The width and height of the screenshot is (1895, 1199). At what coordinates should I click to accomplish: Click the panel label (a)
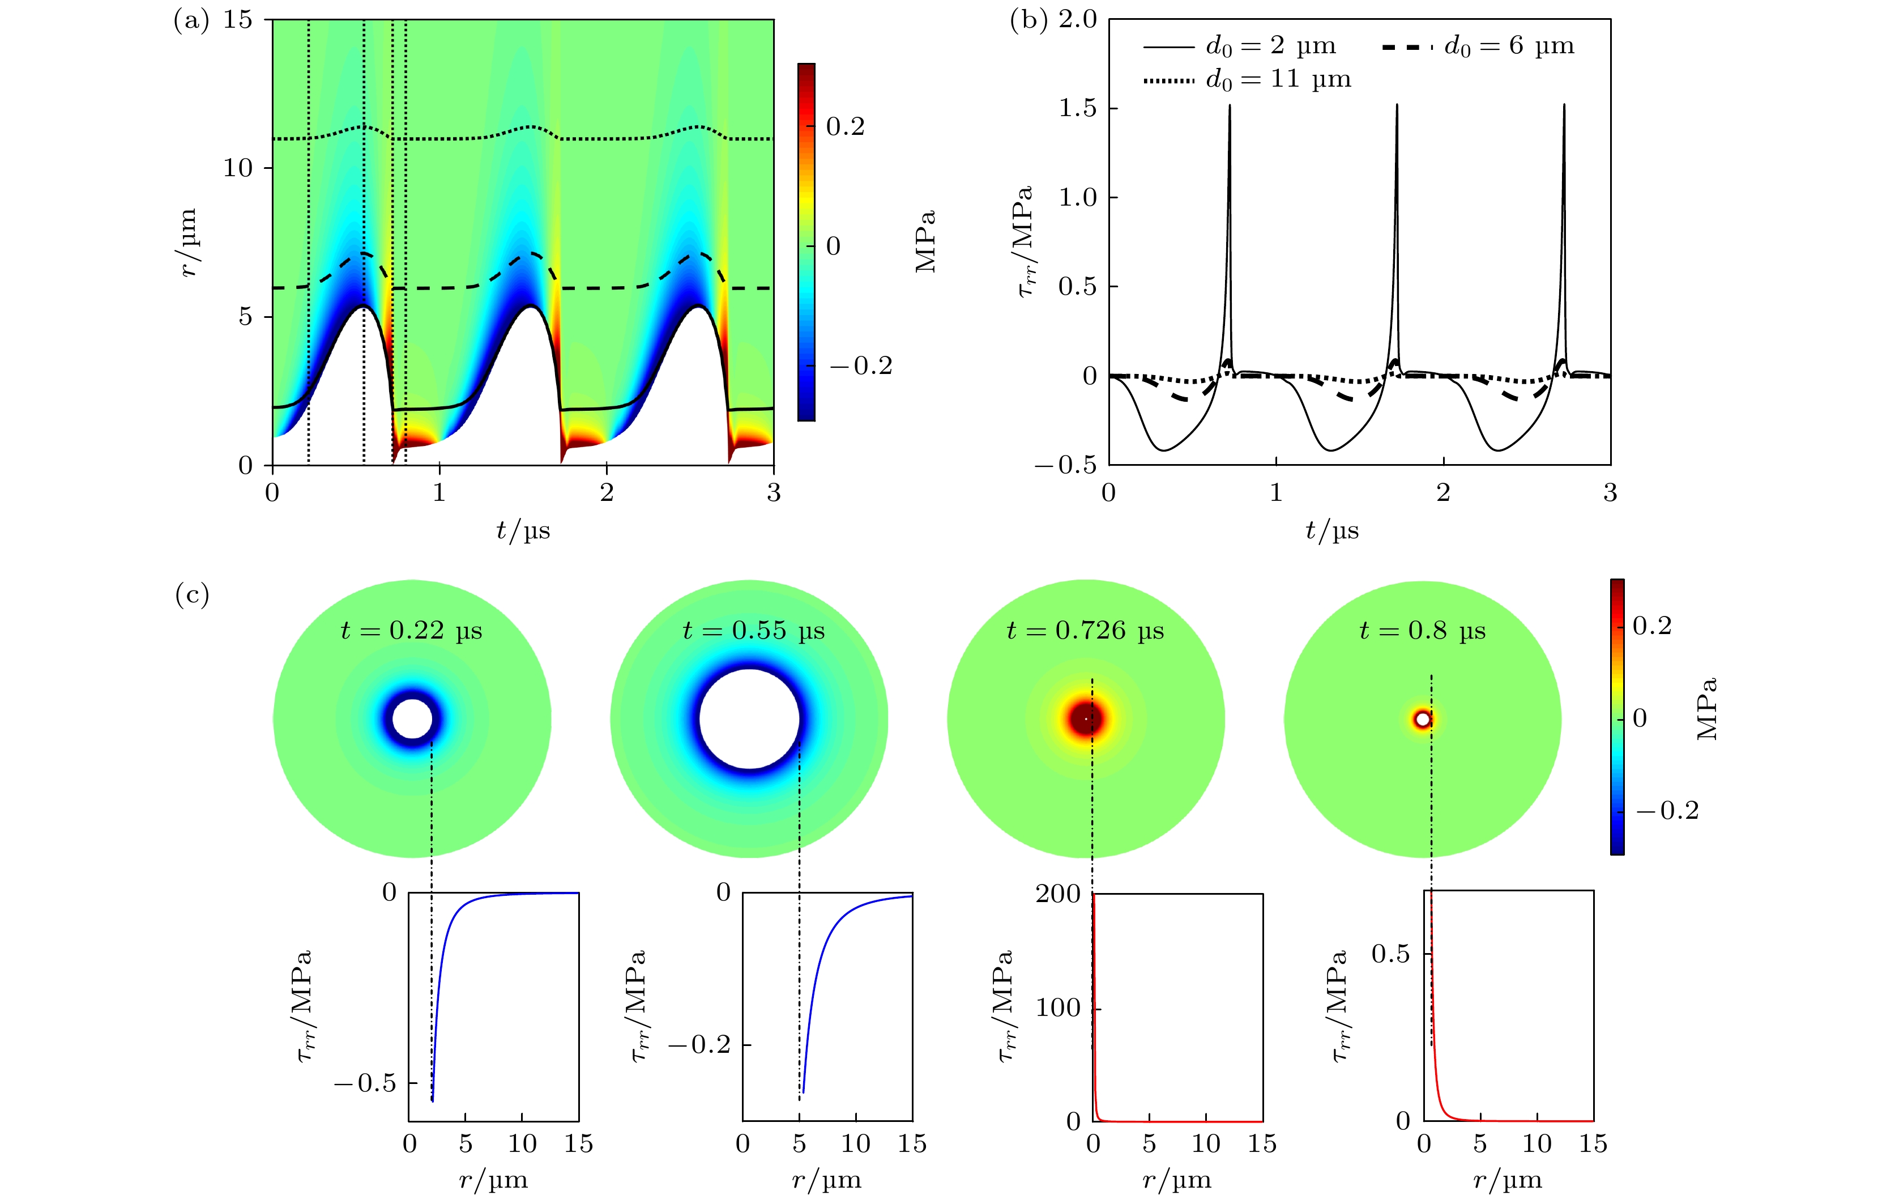pyautogui.click(x=191, y=20)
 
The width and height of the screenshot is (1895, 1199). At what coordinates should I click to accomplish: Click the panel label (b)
pyautogui.click(x=1028, y=20)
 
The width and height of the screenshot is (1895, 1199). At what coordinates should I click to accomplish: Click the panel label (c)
pyautogui.click(x=192, y=595)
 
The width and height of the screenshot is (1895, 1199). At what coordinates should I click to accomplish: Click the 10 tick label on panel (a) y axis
pyautogui.click(x=238, y=168)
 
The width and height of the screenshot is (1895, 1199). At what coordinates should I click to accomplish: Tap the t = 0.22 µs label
pyautogui.click(x=412, y=631)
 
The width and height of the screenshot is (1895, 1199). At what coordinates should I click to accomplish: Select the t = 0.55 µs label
pyautogui.click(x=753, y=631)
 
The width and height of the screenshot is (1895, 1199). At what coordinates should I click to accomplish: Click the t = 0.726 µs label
pyautogui.click(x=1085, y=631)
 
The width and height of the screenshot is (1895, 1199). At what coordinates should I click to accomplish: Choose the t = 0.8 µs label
pyautogui.click(x=1422, y=631)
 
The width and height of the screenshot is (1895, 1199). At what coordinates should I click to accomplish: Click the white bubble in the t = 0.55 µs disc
pyautogui.click(x=749, y=718)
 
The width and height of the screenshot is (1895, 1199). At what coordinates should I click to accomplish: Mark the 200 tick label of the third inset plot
pyautogui.click(x=1058, y=894)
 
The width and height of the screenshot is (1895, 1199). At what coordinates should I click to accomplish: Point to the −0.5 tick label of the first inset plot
pyautogui.click(x=365, y=1083)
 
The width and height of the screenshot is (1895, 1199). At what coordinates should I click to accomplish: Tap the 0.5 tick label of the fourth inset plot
pyautogui.click(x=1390, y=954)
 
